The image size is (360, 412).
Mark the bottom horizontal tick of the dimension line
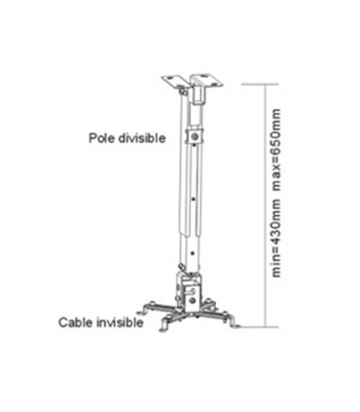[x=271, y=325]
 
